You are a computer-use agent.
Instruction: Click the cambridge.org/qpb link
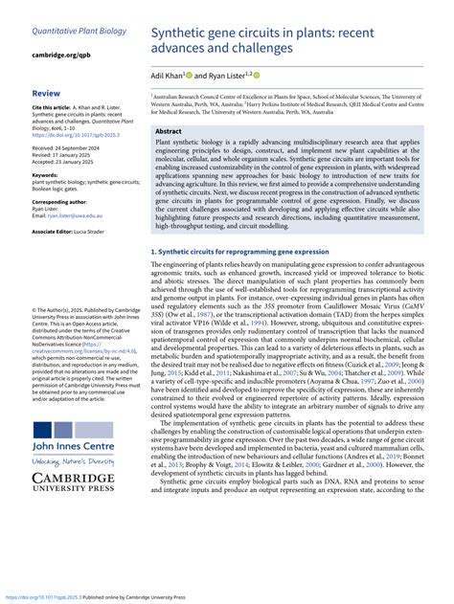pyautogui.click(x=63, y=56)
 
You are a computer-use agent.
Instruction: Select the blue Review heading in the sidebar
pyautogui.click(x=46, y=94)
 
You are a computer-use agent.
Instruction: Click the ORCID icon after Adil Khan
pyautogui.click(x=191, y=75)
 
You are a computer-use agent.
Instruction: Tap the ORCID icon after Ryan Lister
pyautogui.click(x=258, y=75)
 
